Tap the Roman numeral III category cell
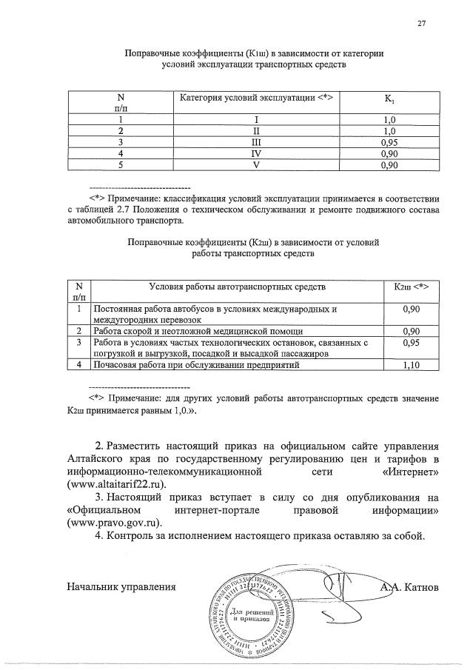(x=257, y=141)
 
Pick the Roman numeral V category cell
(x=257, y=165)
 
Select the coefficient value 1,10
(x=412, y=365)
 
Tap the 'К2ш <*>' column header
(x=412, y=286)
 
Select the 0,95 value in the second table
(x=412, y=343)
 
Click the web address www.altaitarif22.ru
(x=115, y=483)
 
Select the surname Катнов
(x=420, y=587)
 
